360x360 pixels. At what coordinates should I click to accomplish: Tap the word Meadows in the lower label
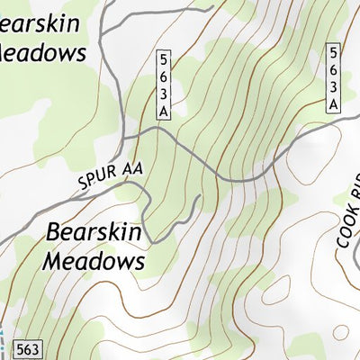94,262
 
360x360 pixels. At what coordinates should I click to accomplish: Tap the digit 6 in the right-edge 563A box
333,69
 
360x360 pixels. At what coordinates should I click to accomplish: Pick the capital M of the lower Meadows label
53,262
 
